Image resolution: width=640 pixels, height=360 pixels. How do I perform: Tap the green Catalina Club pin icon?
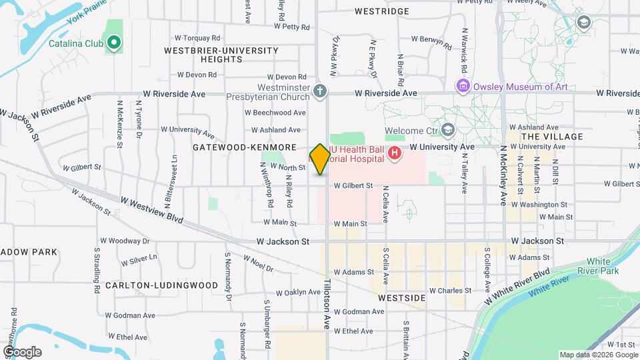[114, 44]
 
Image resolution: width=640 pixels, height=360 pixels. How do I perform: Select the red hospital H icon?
[395, 154]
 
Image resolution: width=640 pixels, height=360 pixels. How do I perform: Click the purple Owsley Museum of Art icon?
[461, 85]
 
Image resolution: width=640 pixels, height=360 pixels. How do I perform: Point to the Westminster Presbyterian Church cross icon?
[320, 91]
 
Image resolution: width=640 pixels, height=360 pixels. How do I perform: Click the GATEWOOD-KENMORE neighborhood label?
[244, 146]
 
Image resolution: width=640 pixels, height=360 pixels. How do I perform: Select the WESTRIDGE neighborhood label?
[382, 11]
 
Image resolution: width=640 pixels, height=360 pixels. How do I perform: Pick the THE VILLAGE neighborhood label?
[552, 136]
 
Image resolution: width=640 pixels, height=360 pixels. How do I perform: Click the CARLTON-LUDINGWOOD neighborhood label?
[161, 285]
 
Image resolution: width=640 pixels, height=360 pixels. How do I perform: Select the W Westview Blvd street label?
[152, 209]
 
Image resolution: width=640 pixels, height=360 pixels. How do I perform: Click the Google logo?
[22, 351]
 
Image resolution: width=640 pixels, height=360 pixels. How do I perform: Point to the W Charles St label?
[450, 291]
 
